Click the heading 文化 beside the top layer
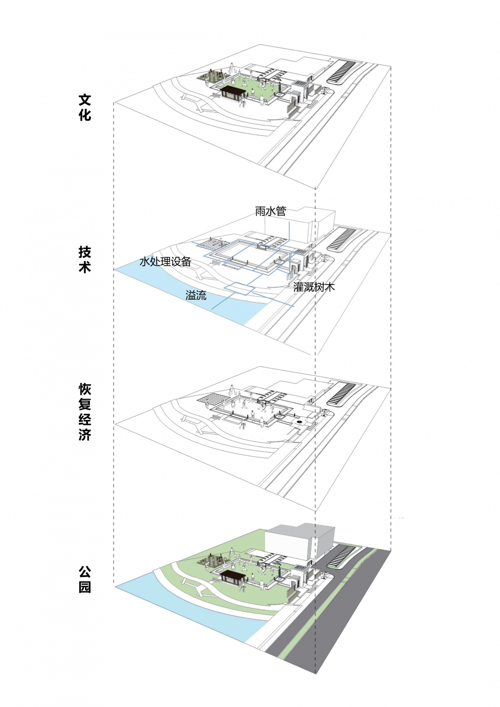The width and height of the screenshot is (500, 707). tap(85, 107)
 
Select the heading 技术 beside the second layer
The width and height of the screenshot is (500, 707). tap(85, 260)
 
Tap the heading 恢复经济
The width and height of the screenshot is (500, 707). tap(85, 412)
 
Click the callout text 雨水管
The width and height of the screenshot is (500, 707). tap(270, 211)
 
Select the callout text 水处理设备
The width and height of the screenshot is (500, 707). tap(165, 261)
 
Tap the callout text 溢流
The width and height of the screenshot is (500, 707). tap(196, 295)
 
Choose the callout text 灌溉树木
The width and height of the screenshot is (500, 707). tap(314, 287)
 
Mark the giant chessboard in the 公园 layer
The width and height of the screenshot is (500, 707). tap(212, 560)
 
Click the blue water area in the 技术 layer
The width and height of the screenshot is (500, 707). tap(190, 295)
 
